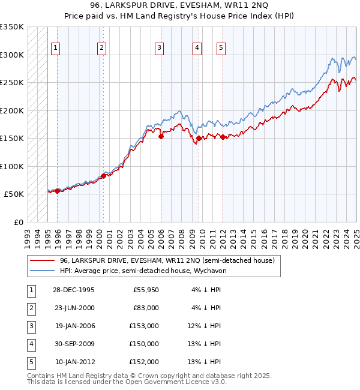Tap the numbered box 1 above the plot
coord(55,49)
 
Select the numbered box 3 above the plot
coord(159,49)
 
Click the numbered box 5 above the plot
coord(221,49)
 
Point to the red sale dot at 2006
coord(161,137)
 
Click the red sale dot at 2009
coord(199,139)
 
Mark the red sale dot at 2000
coord(103,176)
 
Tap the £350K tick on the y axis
coord(11,27)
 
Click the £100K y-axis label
coord(11,166)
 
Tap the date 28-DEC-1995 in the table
coord(74,290)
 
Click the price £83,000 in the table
coord(145,308)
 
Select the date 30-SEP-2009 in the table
coord(74,344)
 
